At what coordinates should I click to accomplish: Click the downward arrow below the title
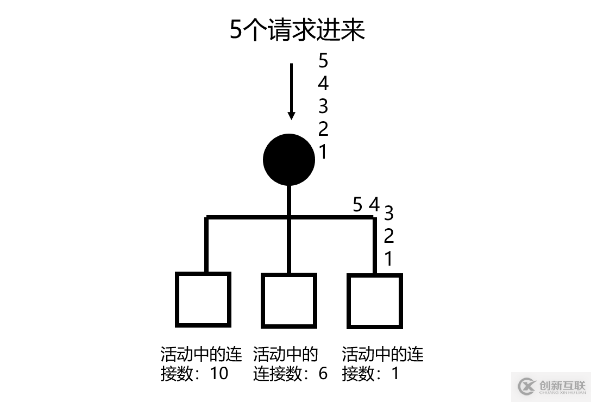(x=291, y=91)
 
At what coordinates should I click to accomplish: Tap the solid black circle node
(x=289, y=160)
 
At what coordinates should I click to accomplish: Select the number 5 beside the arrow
(x=323, y=61)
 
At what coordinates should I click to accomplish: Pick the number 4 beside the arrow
(x=323, y=83)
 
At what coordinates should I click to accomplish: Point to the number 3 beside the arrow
(x=323, y=106)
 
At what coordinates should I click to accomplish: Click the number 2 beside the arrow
(x=323, y=129)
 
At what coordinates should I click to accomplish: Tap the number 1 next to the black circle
(x=323, y=152)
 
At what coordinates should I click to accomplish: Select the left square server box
(x=203, y=299)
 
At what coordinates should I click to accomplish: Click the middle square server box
(x=289, y=300)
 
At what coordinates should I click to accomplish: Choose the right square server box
(x=375, y=301)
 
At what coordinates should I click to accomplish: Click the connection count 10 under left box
(x=219, y=373)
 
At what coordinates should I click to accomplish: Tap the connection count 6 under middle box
(x=323, y=373)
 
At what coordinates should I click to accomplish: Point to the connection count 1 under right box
(x=395, y=373)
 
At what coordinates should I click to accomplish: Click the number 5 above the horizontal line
(x=357, y=205)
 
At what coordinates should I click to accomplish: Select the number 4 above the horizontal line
(x=374, y=205)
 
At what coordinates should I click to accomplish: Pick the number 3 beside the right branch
(x=388, y=213)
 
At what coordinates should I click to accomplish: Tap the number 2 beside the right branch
(x=388, y=236)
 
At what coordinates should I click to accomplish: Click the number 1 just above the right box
(x=388, y=259)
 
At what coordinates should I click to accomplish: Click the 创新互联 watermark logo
(x=551, y=386)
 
